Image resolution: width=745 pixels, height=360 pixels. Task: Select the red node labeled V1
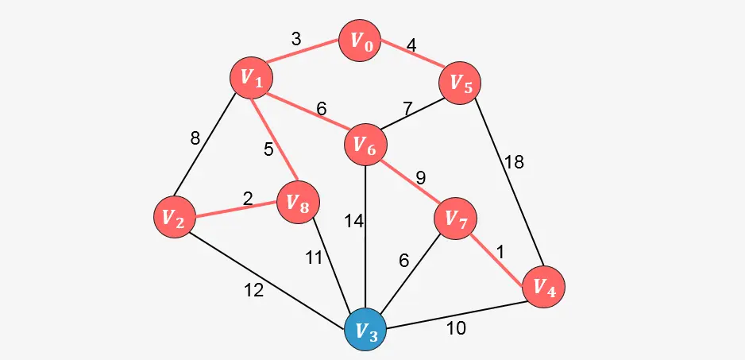pos(251,77)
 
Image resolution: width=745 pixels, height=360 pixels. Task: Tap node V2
pos(174,217)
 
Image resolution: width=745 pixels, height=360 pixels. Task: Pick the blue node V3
pos(365,330)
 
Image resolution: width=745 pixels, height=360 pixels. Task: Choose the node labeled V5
pos(461,83)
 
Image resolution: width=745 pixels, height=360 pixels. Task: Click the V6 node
pos(365,145)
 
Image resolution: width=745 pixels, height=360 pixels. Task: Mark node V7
pos(456,218)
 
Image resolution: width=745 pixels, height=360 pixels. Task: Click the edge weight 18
pos(514,162)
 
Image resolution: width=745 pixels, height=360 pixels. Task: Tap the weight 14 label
pos(353,222)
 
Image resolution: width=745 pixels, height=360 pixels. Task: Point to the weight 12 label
pos(253,291)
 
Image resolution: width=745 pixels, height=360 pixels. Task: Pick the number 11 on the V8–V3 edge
pos(315,257)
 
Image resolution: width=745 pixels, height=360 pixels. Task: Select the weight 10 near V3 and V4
pos(455,327)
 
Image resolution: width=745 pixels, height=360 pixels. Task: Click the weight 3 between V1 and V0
pos(295,38)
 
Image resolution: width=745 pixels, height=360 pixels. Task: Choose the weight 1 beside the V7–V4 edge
pos(500,250)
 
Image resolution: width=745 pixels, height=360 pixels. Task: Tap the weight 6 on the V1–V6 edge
pos(322,108)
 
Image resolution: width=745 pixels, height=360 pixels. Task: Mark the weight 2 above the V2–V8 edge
pos(248,198)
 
